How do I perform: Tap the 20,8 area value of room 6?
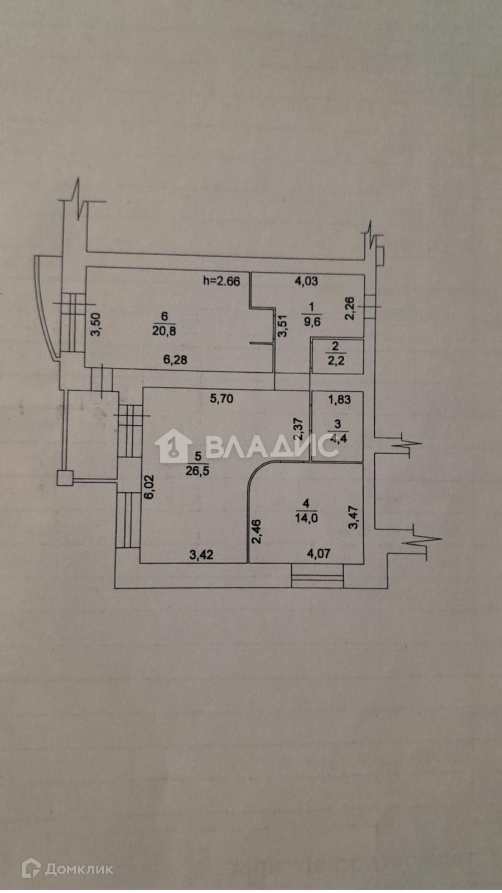pyautogui.click(x=165, y=331)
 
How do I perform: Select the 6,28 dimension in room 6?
pyautogui.click(x=175, y=360)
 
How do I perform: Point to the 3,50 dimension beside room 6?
pyautogui.click(x=95, y=324)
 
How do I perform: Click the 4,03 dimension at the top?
pyautogui.click(x=306, y=281)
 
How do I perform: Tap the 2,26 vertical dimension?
pyautogui.click(x=350, y=309)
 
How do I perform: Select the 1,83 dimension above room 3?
pyautogui.click(x=339, y=399)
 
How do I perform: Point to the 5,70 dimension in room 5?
pyautogui.click(x=221, y=399)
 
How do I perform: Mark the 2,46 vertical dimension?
pyautogui.click(x=256, y=532)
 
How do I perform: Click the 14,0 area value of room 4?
pyautogui.click(x=306, y=517)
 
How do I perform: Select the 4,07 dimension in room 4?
pyautogui.click(x=319, y=554)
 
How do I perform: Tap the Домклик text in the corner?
pyautogui.click(x=79, y=869)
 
